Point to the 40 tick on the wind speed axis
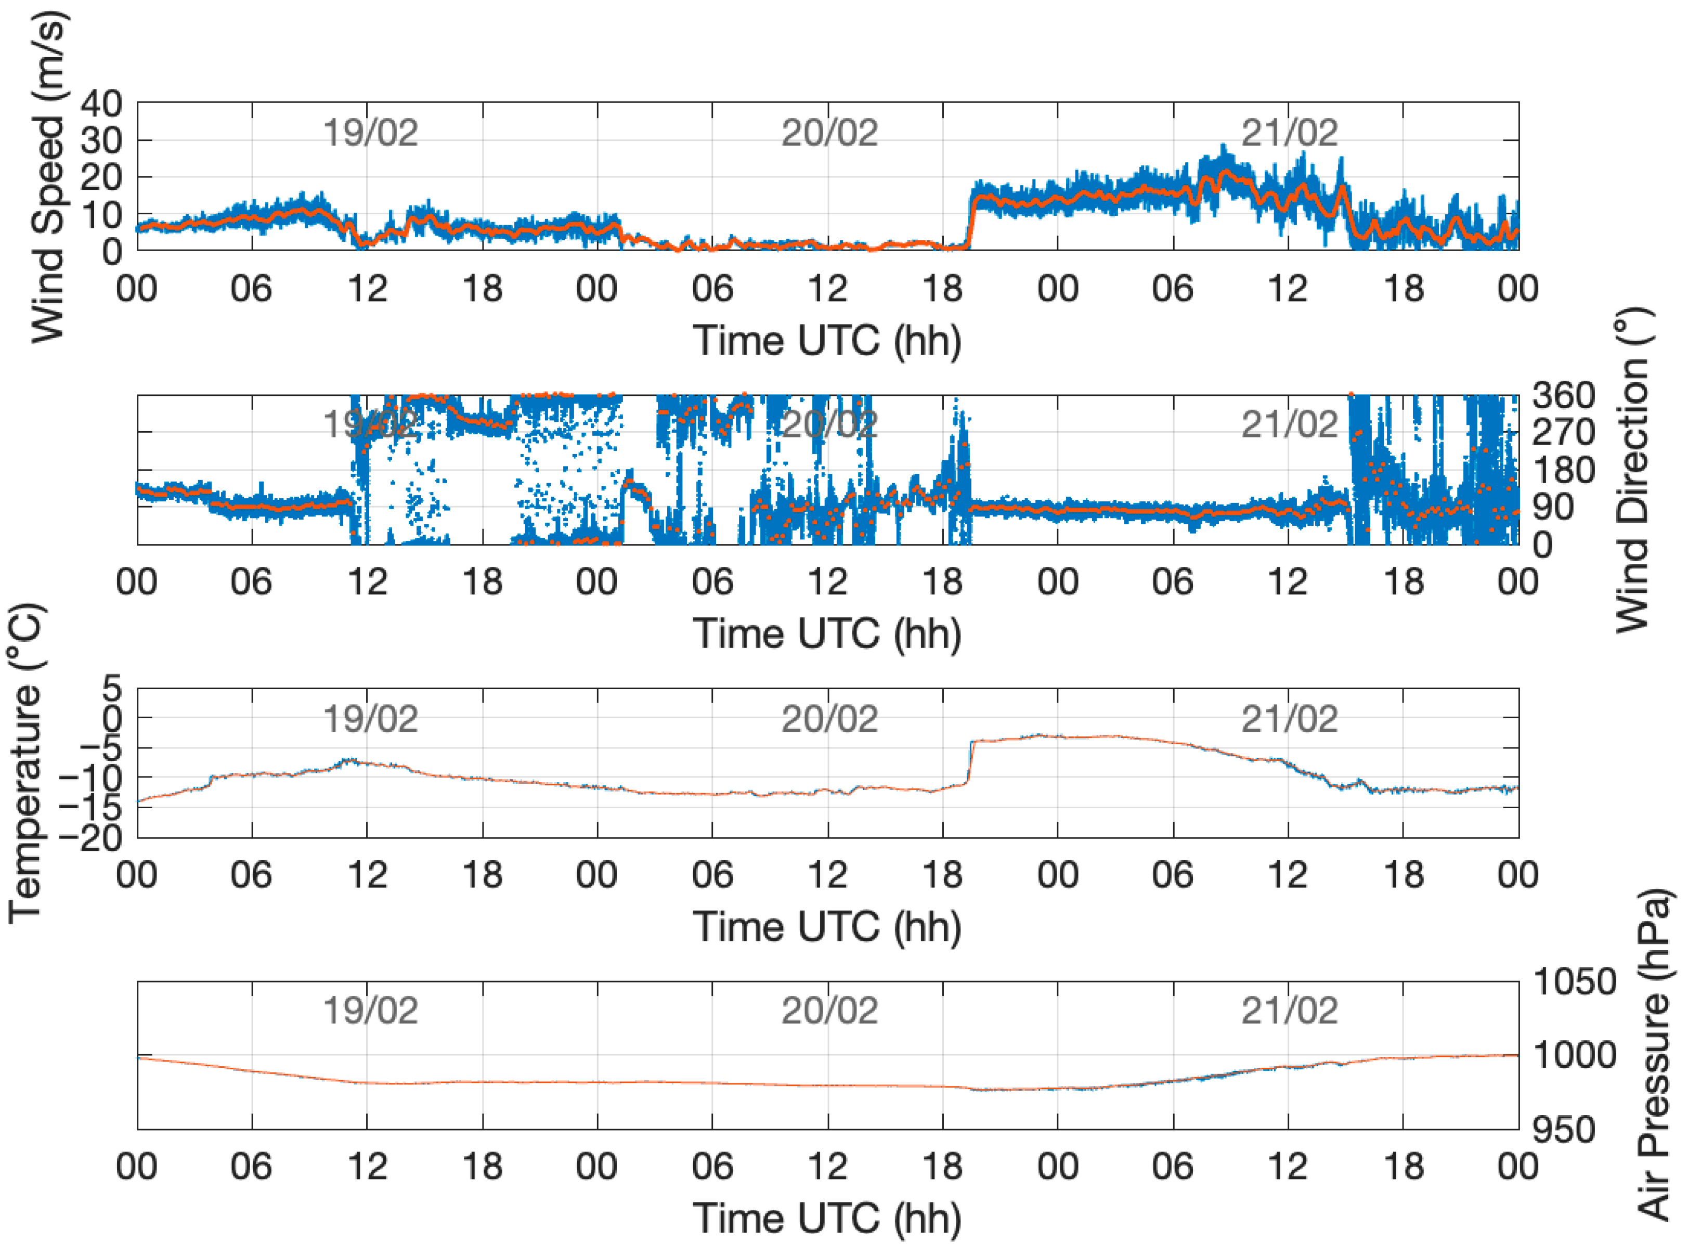(x=101, y=103)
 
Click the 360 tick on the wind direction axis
(x=1563, y=396)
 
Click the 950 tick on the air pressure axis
(x=1563, y=1130)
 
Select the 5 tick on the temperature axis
(x=112, y=690)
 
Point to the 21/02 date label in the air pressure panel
(x=1289, y=1011)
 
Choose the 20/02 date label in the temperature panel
(x=829, y=719)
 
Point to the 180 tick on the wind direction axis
(x=1563, y=470)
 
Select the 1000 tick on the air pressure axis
(x=1575, y=1055)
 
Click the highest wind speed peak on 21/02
(x=1223, y=146)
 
